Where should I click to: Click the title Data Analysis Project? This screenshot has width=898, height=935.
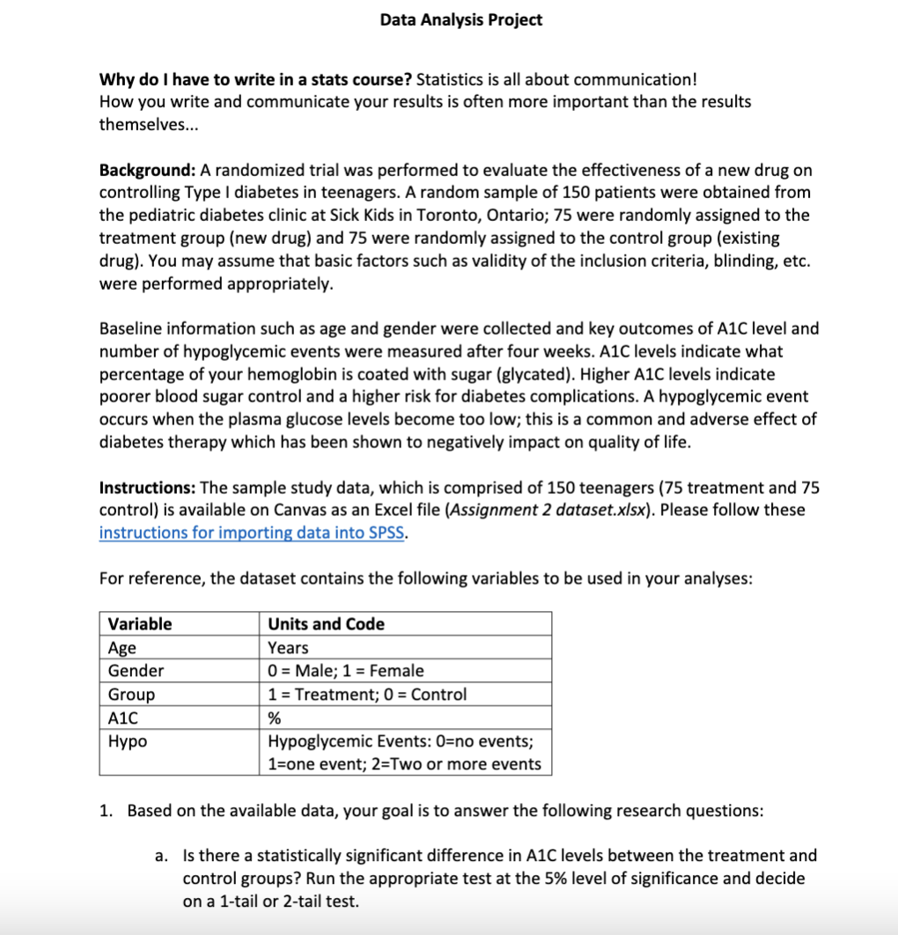pos(460,19)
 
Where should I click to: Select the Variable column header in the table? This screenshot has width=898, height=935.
pos(140,624)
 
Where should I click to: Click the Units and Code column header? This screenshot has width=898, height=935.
pos(326,624)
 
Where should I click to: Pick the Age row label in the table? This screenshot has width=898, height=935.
pos(122,648)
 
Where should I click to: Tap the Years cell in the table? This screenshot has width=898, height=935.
pos(288,648)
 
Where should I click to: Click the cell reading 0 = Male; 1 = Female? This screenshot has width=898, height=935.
pos(345,671)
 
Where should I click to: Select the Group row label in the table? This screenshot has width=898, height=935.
pos(131,695)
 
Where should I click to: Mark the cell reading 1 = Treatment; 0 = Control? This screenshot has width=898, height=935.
pos(367,695)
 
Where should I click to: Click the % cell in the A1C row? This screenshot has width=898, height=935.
pos(274,718)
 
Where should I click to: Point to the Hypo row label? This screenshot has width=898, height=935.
pos(128,741)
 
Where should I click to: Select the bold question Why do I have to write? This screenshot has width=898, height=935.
pos(254,78)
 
